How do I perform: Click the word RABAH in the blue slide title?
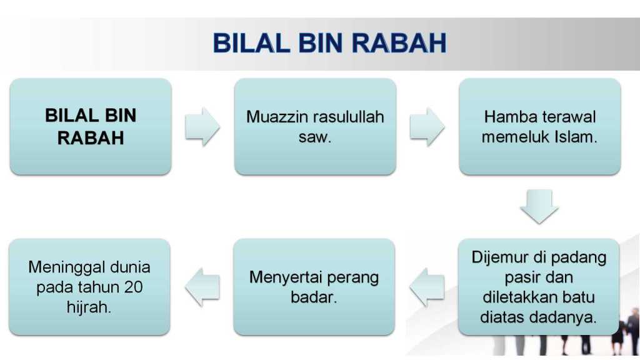click(399, 43)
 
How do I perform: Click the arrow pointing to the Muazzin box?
click(202, 126)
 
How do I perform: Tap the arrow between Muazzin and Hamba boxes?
click(427, 126)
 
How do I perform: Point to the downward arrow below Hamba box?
click(539, 206)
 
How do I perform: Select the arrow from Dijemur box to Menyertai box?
click(427, 287)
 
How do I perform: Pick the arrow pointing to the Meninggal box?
click(202, 287)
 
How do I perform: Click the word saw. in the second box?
click(315, 137)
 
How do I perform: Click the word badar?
click(314, 297)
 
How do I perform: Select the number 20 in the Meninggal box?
click(134, 287)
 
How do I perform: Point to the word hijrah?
click(89, 307)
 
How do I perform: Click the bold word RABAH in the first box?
click(91, 138)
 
